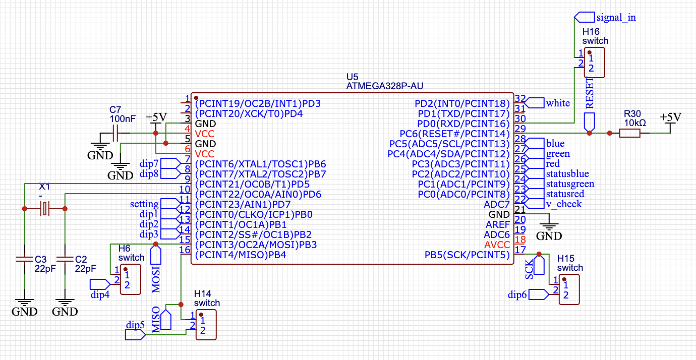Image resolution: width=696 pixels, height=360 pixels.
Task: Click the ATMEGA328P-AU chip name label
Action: tap(384, 86)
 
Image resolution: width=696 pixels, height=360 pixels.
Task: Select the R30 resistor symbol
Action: tap(629, 133)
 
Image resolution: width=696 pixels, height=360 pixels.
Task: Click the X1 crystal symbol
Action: tap(45, 208)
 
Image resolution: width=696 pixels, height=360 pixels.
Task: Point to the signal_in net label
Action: tap(616, 17)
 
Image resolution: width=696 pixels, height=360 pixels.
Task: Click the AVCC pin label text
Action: tap(497, 245)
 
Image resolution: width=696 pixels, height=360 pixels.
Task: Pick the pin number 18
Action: tap(520, 240)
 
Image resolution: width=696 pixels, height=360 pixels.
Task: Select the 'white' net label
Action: tap(558, 103)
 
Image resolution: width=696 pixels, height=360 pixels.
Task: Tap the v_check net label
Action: tap(564, 204)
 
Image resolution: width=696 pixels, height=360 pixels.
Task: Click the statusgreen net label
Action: tap(570, 184)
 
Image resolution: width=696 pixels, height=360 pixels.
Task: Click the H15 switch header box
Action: tap(569, 289)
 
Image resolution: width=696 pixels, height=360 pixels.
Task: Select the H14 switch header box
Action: tap(206, 325)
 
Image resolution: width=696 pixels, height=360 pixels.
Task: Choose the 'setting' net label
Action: tap(144, 204)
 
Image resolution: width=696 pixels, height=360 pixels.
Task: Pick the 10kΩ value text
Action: tap(634, 123)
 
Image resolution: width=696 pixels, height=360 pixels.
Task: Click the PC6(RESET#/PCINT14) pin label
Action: tap(454, 134)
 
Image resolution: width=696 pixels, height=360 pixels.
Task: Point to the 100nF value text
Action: tap(123, 119)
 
